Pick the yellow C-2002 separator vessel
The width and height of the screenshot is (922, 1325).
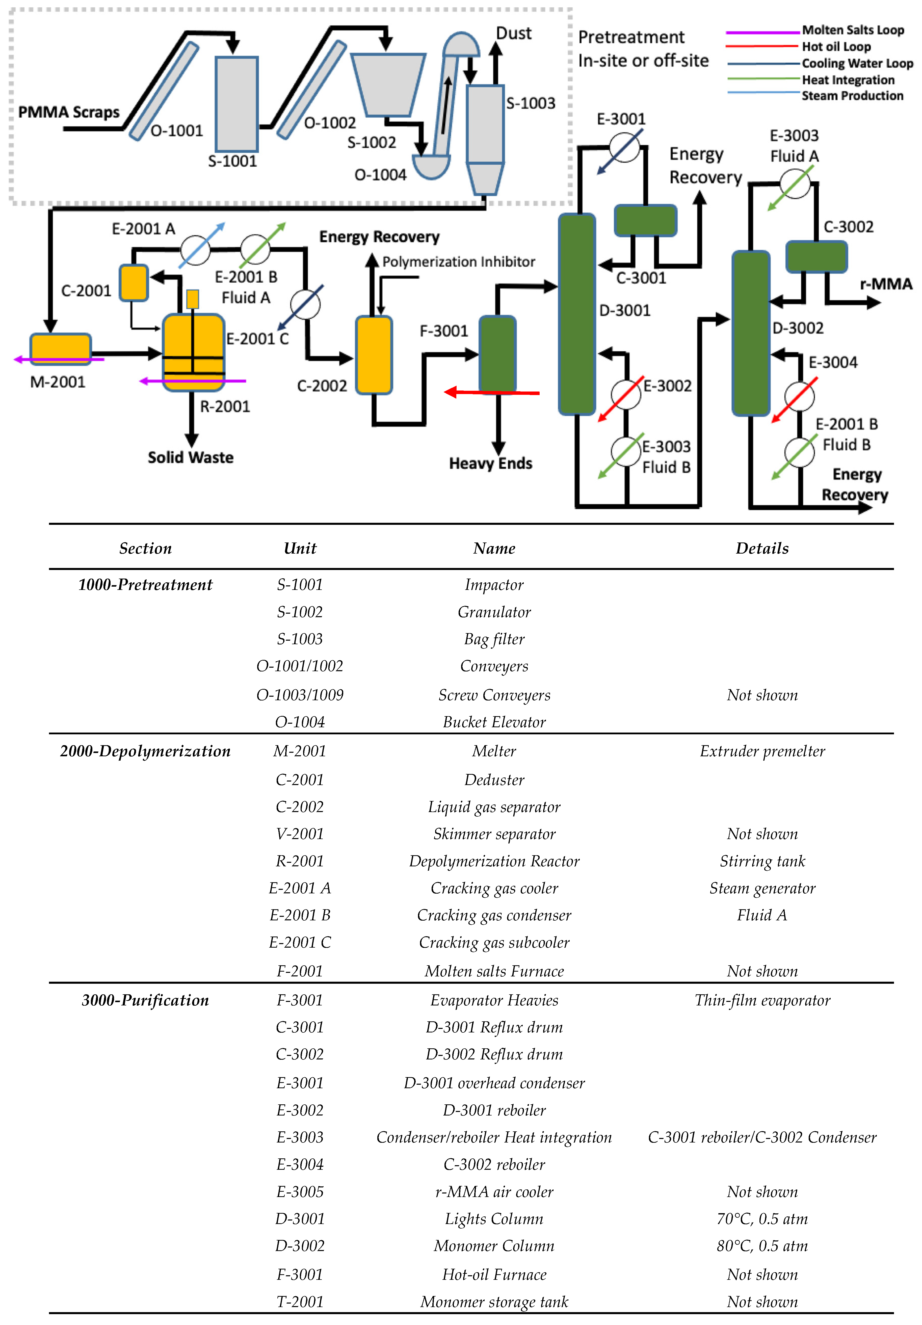pos(374,355)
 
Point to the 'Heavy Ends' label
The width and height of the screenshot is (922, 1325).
pos(490,463)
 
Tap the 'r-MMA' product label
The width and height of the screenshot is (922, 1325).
pos(886,284)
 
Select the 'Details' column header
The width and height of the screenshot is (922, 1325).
pos(761,548)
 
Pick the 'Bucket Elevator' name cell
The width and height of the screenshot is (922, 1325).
pos(494,722)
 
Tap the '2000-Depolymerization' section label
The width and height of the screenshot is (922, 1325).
pos(145,751)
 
